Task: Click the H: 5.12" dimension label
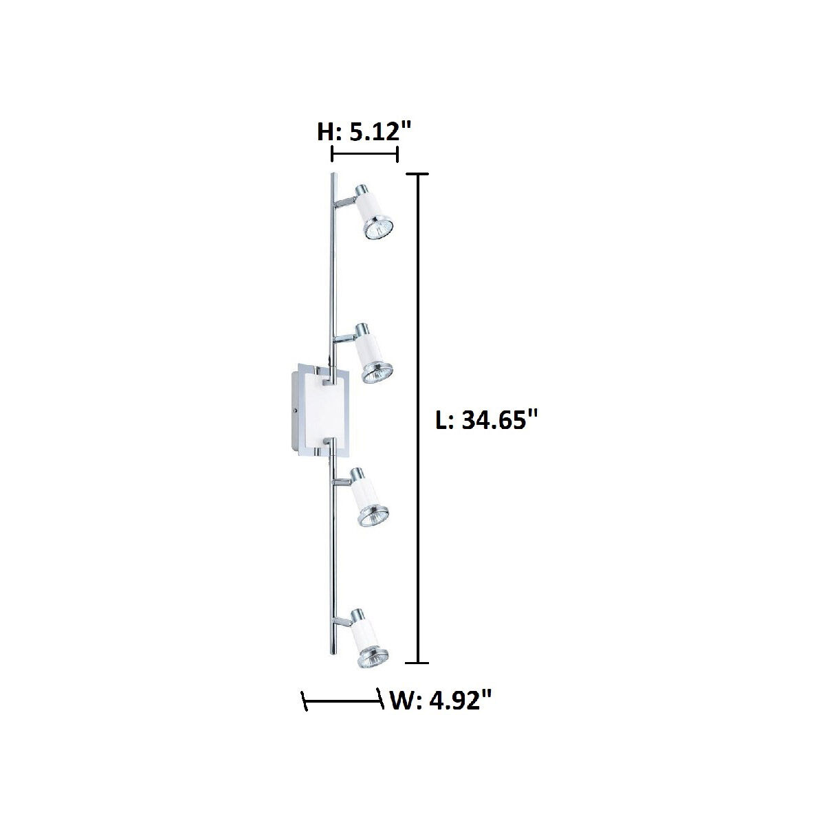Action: (x=364, y=131)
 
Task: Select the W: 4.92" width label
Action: (x=440, y=701)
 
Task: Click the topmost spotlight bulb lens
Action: (x=379, y=230)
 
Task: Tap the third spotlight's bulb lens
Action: (x=374, y=516)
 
